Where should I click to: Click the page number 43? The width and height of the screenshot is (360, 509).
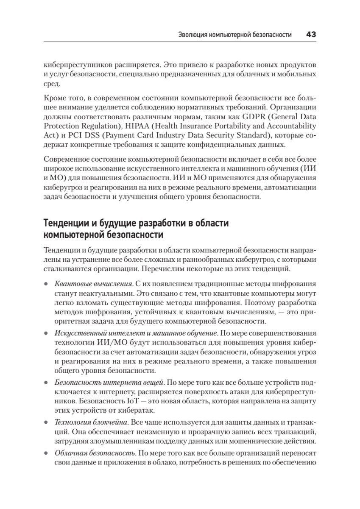click(311, 35)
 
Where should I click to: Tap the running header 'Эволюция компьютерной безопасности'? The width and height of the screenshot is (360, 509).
click(235, 35)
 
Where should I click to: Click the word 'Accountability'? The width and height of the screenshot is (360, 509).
click(295, 126)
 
